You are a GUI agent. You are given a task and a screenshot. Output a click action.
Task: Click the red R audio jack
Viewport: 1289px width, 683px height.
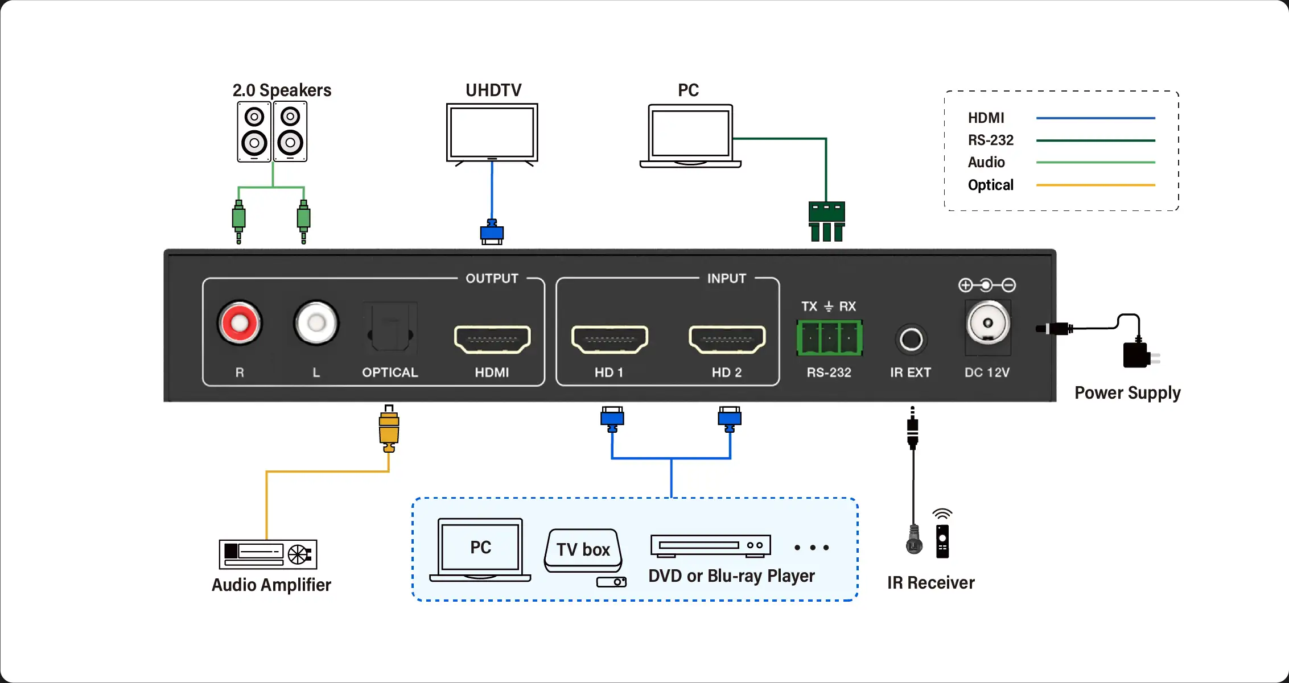[240, 323]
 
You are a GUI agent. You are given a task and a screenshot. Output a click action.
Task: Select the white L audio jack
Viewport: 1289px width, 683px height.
[316, 323]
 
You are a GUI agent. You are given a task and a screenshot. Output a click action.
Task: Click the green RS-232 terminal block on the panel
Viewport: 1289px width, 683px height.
[829, 338]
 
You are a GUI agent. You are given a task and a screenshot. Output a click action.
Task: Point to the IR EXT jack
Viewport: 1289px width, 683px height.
[911, 340]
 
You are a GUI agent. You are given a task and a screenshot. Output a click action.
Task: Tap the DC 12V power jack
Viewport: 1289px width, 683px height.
[988, 324]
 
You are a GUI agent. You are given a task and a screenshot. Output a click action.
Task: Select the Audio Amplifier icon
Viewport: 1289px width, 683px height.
[268, 554]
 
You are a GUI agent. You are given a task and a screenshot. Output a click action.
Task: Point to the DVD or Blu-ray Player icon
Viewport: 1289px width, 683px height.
[711, 545]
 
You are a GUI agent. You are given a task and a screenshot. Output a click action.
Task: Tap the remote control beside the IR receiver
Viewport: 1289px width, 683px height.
[942, 540]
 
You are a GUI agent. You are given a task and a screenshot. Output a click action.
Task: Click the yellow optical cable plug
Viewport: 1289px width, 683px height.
[389, 430]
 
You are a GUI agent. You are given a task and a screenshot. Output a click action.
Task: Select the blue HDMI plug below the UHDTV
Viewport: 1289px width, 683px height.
[492, 232]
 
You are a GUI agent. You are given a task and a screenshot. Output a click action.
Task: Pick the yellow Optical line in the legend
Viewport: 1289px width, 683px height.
[1096, 185]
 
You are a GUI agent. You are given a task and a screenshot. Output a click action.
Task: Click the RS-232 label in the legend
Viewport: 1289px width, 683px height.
[991, 140]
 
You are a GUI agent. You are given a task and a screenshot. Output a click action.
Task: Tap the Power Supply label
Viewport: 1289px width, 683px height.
[1127, 392]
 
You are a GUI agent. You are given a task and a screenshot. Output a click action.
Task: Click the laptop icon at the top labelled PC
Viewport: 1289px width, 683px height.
[690, 136]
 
